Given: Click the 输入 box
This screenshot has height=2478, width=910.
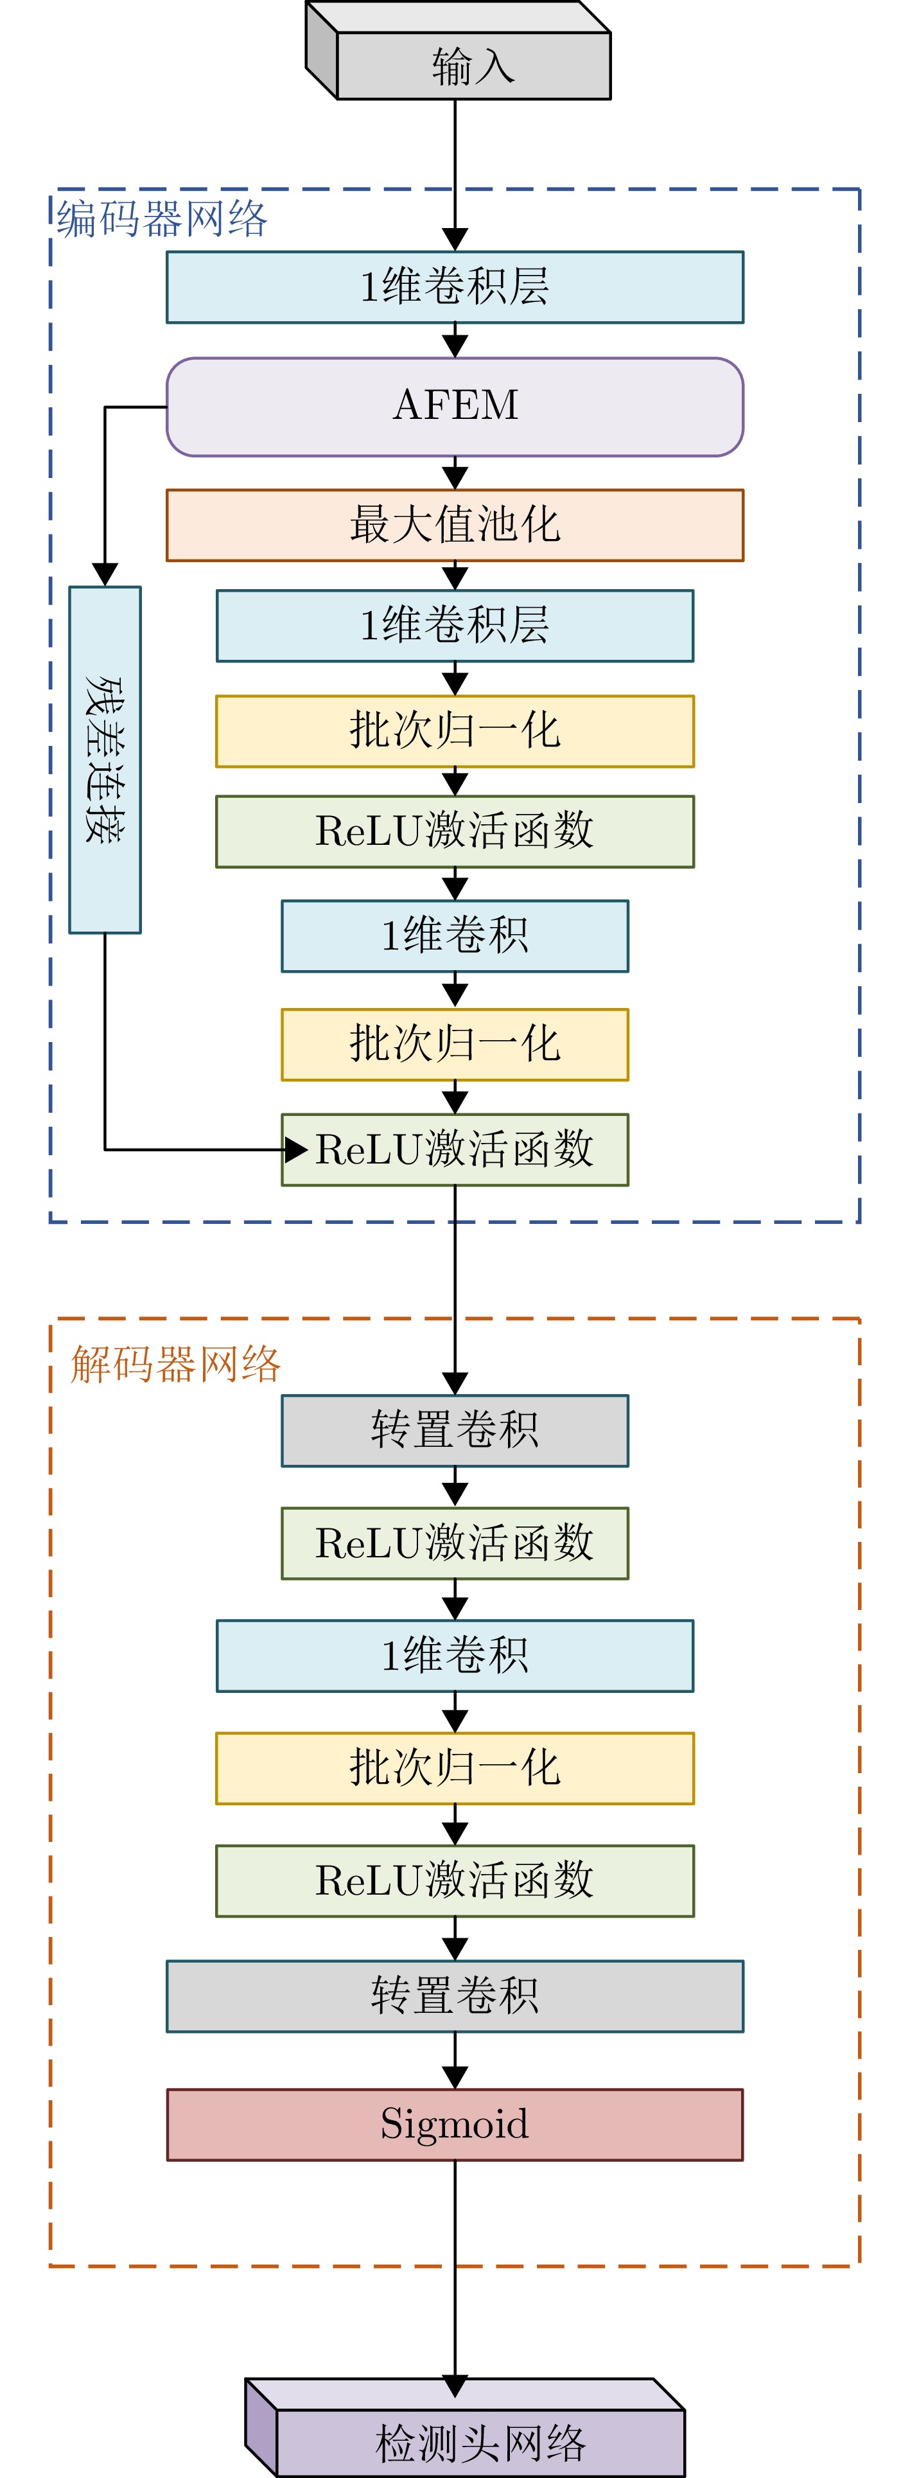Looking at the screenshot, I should [473, 66].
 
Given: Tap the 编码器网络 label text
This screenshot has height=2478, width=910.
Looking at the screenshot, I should [162, 219].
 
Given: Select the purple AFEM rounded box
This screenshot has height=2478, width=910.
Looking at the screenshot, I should [455, 407].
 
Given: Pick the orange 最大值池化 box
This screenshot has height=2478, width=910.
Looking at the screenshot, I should [455, 526].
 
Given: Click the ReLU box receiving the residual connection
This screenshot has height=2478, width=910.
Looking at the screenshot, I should [455, 1149].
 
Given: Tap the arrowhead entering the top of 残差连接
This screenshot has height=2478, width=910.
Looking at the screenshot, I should [105, 574].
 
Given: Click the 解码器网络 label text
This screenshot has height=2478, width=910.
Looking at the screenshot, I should [175, 1364].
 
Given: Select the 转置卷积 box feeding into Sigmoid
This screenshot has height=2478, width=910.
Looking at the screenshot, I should [455, 1996].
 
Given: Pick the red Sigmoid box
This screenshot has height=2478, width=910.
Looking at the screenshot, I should [455, 2124].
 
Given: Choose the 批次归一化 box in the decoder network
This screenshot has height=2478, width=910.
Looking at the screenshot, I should [455, 1768].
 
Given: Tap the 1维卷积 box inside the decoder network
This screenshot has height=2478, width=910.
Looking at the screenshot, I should [455, 1656].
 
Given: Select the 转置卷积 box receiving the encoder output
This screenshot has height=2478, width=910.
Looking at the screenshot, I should [455, 1430].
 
